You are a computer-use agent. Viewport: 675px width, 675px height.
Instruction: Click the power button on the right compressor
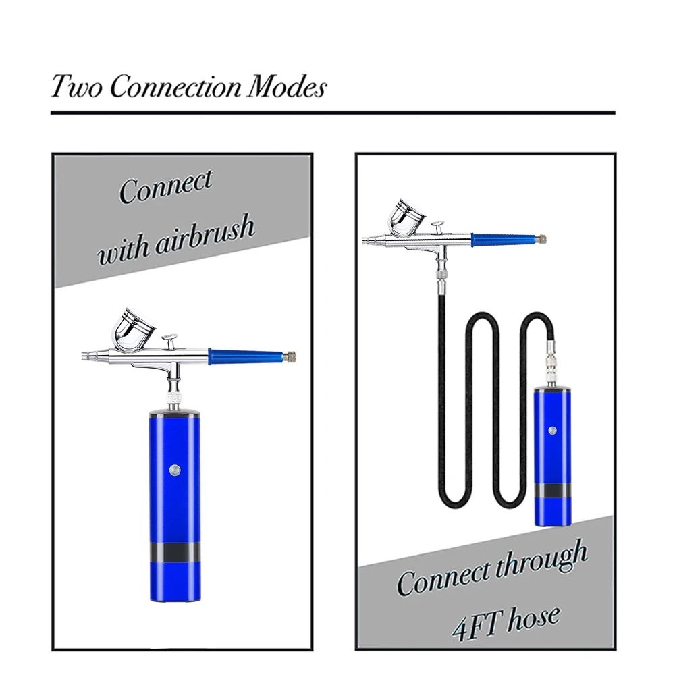(x=552, y=429)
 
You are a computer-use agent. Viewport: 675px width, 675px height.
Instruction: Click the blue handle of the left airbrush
(x=246, y=356)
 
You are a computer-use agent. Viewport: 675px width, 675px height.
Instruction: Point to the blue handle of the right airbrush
(x=503, y=239)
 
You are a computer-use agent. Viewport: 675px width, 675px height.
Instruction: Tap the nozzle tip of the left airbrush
(x=84, y=354)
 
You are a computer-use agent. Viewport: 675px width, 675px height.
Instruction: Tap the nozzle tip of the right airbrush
(x=365, y=239)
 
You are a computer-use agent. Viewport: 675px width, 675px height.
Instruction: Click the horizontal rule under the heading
(x=333, y=113)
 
